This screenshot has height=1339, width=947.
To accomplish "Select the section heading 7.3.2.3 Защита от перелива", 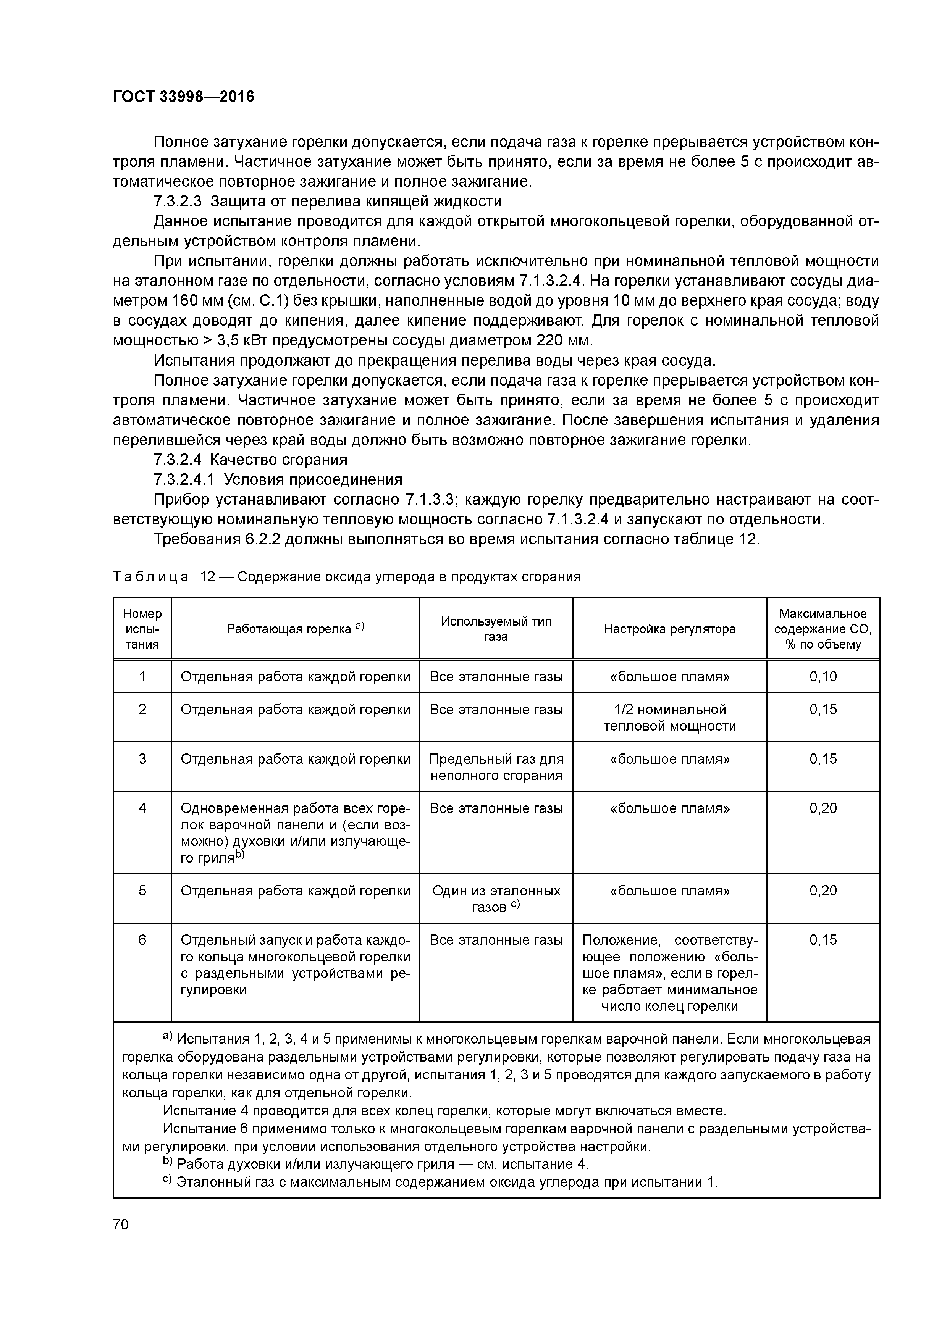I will [x=327, y=201].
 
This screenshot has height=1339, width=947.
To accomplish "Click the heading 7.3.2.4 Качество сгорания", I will [x=250, y=460].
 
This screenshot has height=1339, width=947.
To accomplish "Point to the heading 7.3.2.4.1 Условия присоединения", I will [x=278, y=479].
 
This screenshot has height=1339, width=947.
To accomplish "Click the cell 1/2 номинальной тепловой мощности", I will [x=669, y=717].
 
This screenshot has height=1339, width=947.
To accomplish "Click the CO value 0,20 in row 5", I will [x=823, y=891].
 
